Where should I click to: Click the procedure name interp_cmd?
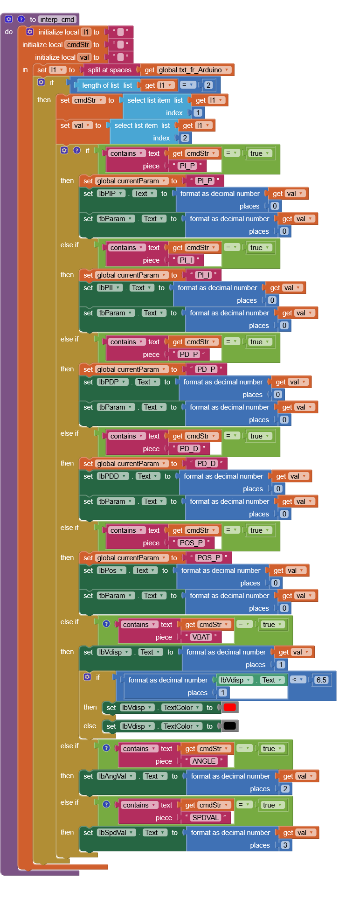pos(57,20)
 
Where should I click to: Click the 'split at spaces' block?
pos(110,70)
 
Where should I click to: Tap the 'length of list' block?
pos(107,85)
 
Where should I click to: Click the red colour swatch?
pos(229,707)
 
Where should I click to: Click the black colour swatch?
pos(229,726)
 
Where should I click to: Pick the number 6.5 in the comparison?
pos(321,680)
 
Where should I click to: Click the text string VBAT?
pos(201,637)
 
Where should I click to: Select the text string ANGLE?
pos(204,761)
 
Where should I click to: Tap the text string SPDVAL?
pos(205,817)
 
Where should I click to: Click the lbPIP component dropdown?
pos(111,194)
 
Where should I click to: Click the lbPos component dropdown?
pos(111,571)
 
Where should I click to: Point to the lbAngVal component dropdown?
pos(116,776)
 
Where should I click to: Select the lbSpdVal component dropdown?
pos(116,833)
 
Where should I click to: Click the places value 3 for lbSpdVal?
pos(285,845)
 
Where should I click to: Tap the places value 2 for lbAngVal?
pos(285,788)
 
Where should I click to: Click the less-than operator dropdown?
pos(298,680)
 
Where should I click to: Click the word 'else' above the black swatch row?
pos(90,726)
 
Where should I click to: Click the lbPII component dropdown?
pos(110,288)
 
